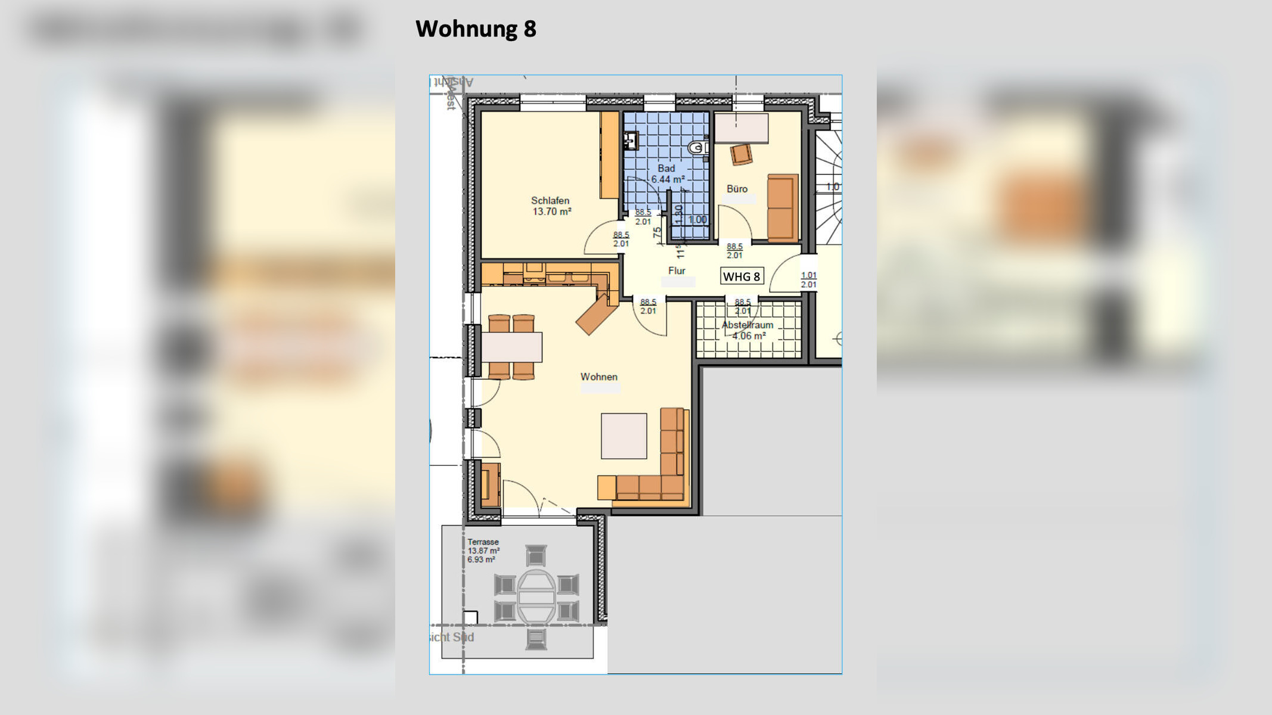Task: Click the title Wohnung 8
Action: (476, 29)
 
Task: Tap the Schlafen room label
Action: (550, 201)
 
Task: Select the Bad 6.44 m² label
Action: (667, 174)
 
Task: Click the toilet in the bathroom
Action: (697, 147)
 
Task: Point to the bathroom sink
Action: (631, 141)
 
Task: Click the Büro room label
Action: (737, 189)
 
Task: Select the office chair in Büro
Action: (741, 154)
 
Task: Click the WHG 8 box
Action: (742, 276)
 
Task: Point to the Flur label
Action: (677, 271)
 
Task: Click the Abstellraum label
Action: (747, 325)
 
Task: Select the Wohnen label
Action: (599, 377)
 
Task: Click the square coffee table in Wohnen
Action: (623, 436)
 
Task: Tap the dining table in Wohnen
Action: (512, 347)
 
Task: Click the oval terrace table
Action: (536, 596)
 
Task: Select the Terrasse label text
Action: (483, 542)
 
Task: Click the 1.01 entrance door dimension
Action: (809, 275)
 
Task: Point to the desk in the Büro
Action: (741, 128)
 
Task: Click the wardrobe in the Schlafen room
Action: (609, 155)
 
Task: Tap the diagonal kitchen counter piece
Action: (596, 314)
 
